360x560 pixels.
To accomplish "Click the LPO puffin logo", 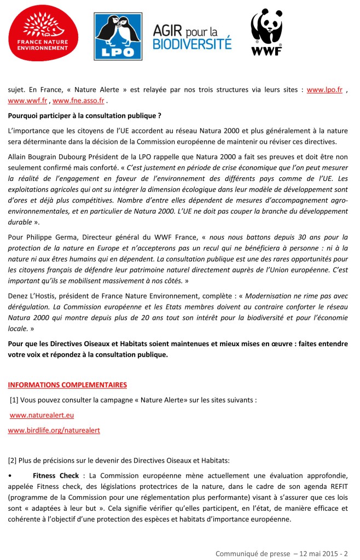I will [118, 36].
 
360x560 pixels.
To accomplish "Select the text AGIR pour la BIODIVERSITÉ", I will [192, 37].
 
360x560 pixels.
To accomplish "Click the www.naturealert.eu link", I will [42, 415].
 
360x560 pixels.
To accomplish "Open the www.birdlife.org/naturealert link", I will [54, 430].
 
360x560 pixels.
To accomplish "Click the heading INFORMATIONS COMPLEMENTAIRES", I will [67, 385].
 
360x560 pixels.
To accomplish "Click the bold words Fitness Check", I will [56, 475].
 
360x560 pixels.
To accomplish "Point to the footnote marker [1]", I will [15, 400].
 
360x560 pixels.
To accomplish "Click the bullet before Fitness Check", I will [10, 475].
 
